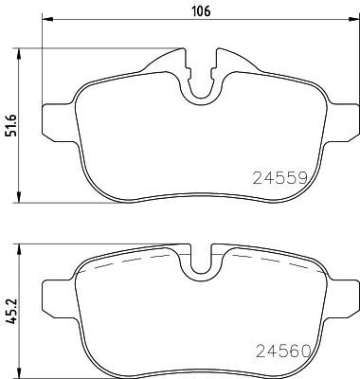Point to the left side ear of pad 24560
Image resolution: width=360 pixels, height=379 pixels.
click(x=59, y=290)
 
